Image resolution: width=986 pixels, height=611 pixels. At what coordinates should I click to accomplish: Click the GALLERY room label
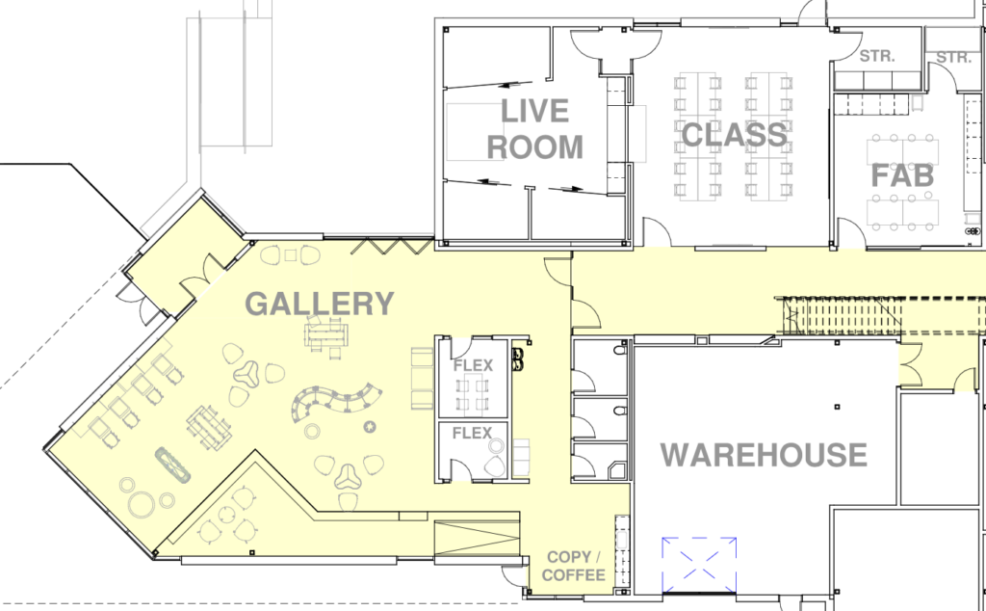[x=320, y=304]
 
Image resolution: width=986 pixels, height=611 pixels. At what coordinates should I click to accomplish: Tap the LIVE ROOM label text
[x=535, y=129]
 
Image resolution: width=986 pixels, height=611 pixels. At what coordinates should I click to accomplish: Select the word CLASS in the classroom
[x=735, y=135]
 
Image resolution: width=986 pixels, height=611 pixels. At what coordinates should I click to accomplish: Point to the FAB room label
[x=902, y=175]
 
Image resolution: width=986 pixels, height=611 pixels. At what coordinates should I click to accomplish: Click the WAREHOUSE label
[x=764, y=455]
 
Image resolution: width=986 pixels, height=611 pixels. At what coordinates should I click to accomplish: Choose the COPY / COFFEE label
[x=576, y=567]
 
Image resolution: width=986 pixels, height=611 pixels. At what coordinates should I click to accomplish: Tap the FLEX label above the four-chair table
[x=473, y=365]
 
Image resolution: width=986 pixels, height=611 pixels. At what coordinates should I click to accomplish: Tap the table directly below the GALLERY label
[x=326, y=334]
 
